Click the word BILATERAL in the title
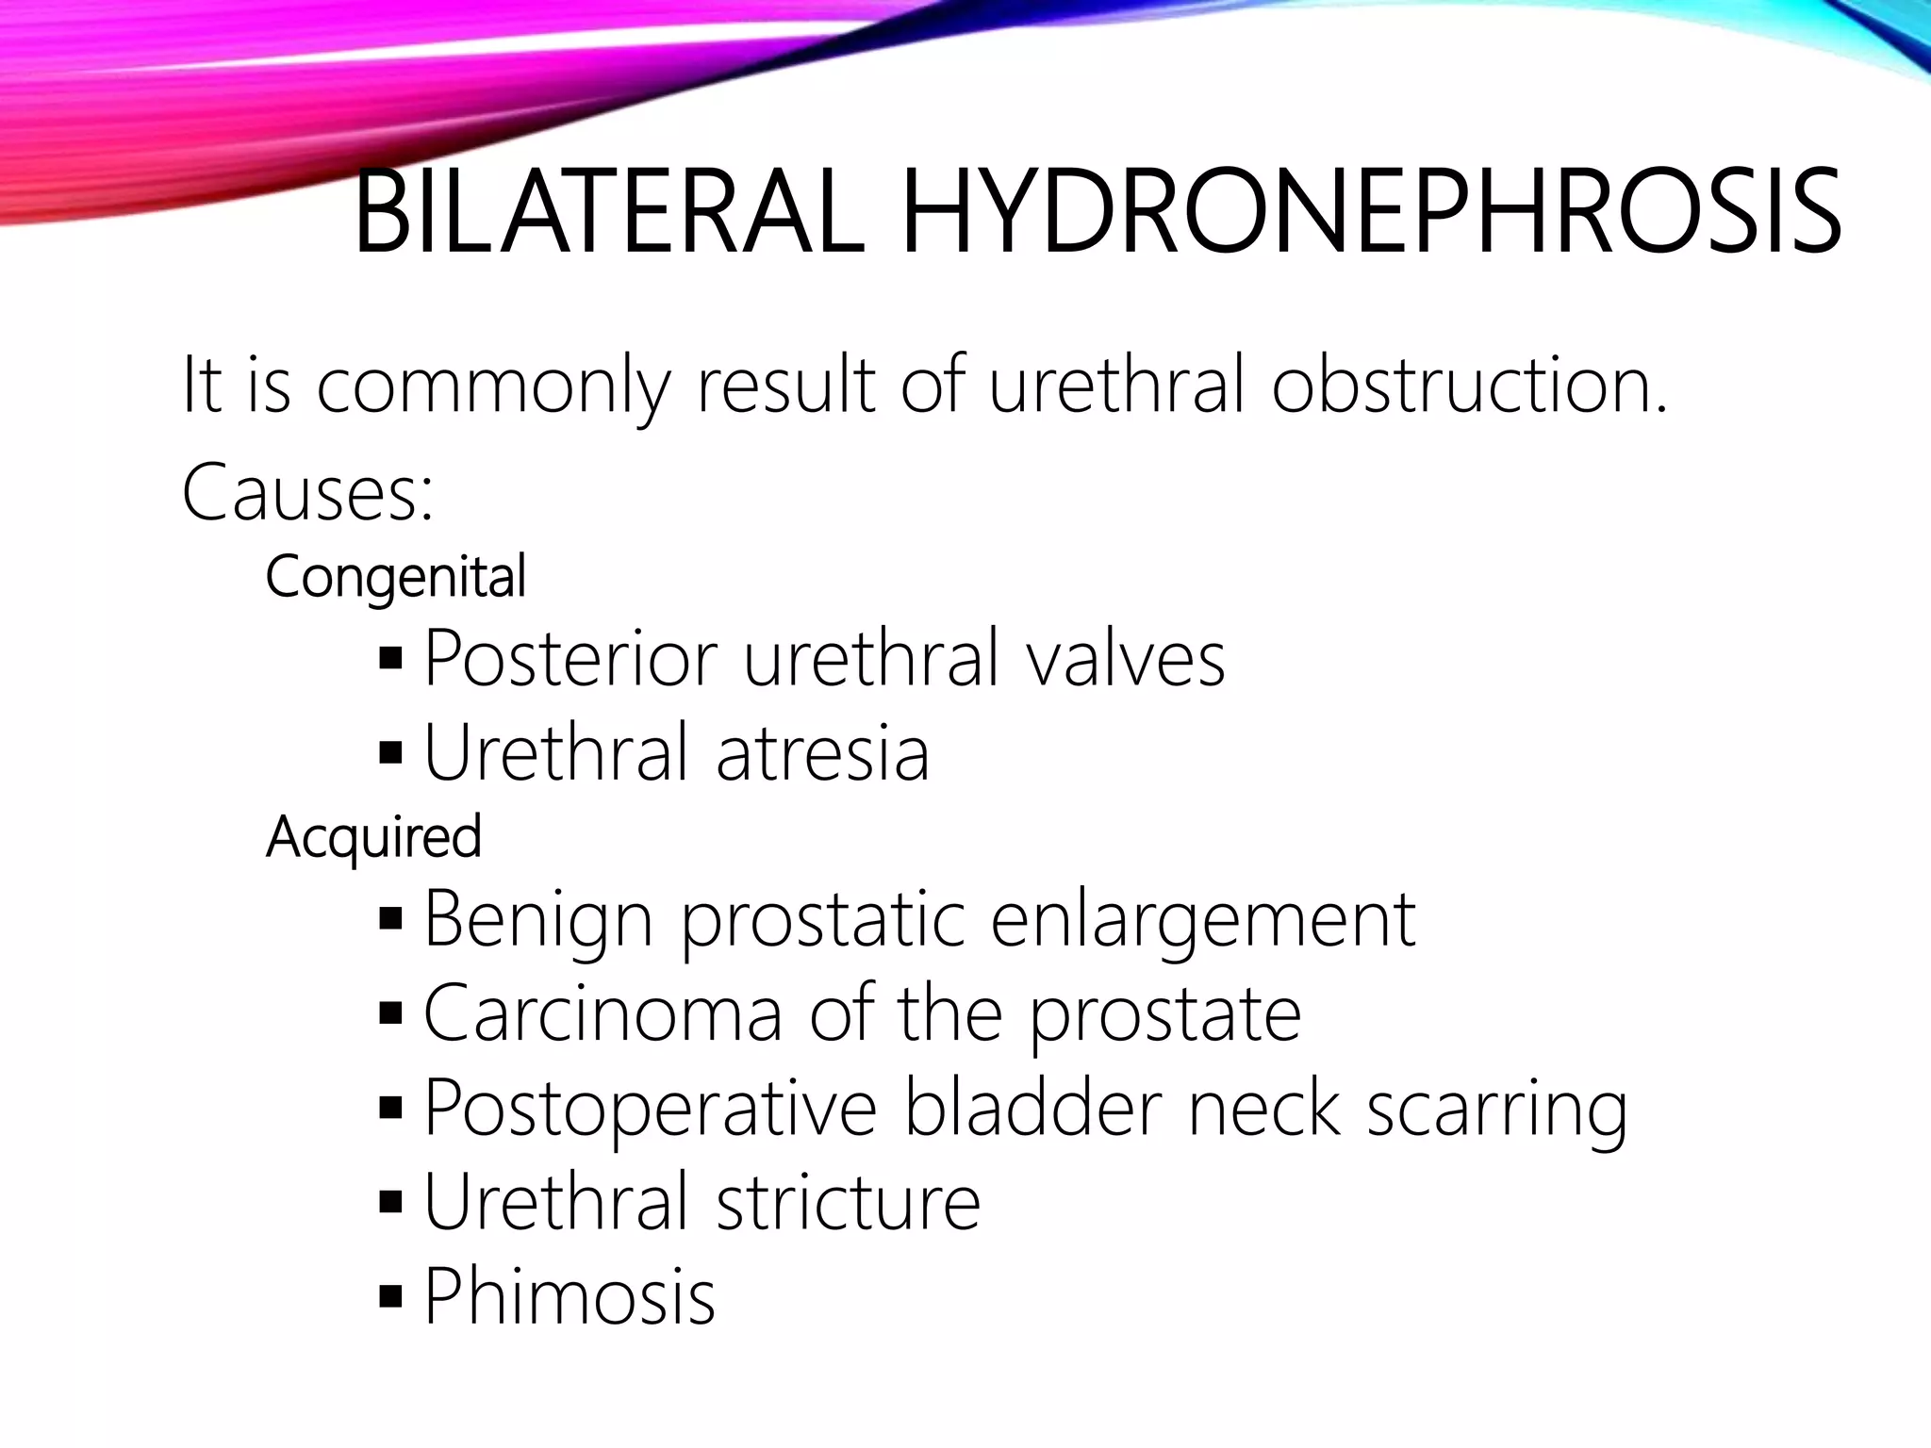[x=608, y=213]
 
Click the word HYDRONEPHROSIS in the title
[x=1369, y=213]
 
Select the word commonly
[x=493, y=387]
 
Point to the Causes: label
[x=307, y=493]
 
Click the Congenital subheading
[x=395, y=577]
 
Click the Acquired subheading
[x=373, y=837]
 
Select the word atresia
[x=822, y=753]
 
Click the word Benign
[x=538, y=920]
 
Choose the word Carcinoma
[x=603, y=1013]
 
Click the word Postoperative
[x=651, y=1109]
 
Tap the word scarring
[x=1496, y=1109]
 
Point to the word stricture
[x=848, y=1202]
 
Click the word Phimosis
[x=569, y=1296]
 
